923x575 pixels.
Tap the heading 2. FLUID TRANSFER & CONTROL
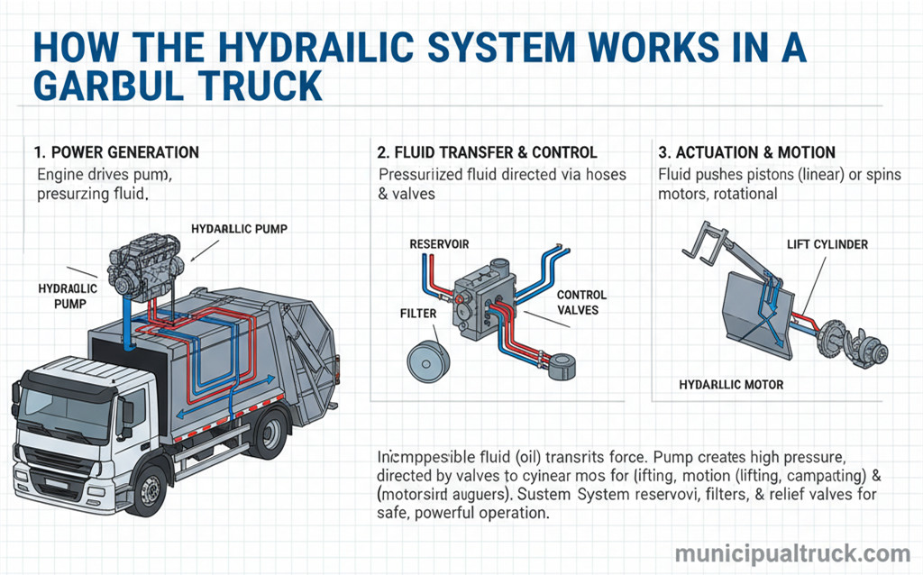click(488, 152)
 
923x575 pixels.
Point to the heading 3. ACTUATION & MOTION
click(747, 152)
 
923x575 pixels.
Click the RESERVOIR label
click(439, 244)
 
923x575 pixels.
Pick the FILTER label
click(418, 314)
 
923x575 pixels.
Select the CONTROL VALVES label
click(581, 303)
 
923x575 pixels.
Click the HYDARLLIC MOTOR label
click(731, 385)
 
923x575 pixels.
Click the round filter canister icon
click(429, 359)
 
